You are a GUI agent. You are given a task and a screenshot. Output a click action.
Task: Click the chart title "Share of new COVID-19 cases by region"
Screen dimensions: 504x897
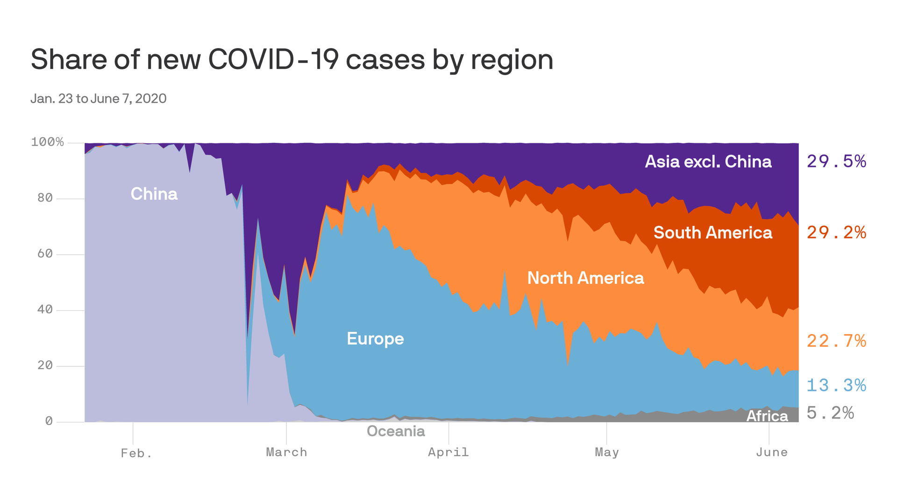[x=292, y=60]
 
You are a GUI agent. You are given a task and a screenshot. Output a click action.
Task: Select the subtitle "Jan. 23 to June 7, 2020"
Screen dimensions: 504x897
[x=98, y=98]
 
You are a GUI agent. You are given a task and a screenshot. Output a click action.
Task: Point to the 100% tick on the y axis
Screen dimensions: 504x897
[x=47, y=142]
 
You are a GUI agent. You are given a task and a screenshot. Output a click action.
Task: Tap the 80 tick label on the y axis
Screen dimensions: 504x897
[x=45, y=198]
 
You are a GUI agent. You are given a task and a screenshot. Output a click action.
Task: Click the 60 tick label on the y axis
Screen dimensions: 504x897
[x=45, y=254]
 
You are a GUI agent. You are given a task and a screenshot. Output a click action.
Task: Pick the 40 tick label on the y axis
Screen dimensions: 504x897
[x=45, y=309]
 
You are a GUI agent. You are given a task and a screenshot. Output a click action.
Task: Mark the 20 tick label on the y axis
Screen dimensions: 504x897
[x=45, y=365]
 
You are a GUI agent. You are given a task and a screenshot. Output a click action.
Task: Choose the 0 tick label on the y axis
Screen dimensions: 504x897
[x=49, y=421]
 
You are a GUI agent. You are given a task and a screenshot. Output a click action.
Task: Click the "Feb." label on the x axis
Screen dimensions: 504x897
[x=136, y=453]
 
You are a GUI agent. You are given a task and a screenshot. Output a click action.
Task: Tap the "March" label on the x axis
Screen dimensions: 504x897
[x=286, y=452]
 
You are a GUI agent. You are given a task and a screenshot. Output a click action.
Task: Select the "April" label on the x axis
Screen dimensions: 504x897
[x=448, y=452]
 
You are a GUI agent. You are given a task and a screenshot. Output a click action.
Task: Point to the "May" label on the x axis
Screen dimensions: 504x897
[x=606, y=452]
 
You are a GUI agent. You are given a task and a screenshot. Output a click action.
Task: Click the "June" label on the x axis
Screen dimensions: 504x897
[x=771, y=452]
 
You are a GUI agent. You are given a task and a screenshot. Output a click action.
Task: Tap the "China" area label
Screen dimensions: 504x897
[x=154, y=194]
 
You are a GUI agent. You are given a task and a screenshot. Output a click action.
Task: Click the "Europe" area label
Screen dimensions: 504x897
[x=375, y=338]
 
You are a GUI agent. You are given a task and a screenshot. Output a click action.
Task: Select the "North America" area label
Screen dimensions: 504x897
[x=585, y=278]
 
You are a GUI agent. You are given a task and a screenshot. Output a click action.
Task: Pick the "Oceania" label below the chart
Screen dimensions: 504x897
[x=396, y=431]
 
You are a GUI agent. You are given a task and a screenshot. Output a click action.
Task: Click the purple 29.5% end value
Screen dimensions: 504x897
[x=836, y=161]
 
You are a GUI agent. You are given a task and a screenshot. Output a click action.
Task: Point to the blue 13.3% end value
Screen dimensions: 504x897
[x=836, y=385]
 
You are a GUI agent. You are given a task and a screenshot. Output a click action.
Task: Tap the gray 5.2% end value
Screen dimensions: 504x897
[x=830, y=413]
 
